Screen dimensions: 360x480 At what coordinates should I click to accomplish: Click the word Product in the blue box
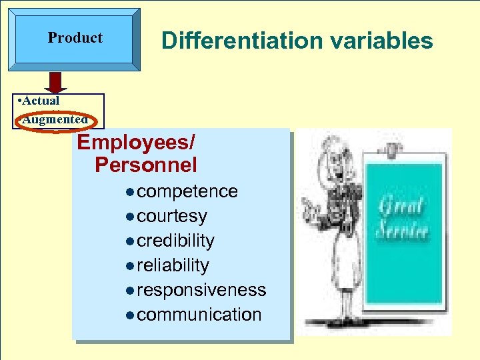[x=75, y=38]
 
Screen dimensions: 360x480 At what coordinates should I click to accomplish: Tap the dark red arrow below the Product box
[x=55, y=82]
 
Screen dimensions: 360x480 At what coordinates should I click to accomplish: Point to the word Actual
[x=41, y=101]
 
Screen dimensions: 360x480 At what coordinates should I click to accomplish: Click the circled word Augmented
[x=55, y=120]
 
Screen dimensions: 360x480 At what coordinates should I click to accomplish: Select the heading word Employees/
[x=136, y=142]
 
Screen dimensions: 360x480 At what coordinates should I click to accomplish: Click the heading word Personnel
[x=146, y=165]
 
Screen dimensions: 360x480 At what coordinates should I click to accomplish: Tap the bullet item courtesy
[x=171, y=216]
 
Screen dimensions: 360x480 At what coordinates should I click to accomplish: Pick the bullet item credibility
[x=175, y=241]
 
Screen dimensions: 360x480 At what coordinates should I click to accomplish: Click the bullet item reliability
[x=173, y=265]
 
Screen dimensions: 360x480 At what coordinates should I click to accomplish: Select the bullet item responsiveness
[x=201, y=290]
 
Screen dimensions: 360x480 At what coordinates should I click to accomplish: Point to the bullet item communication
[x=199, y=315]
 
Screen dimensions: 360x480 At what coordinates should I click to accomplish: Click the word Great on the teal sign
[x=401, y=207]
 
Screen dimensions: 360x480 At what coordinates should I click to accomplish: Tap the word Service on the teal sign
[x=402, y=231]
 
